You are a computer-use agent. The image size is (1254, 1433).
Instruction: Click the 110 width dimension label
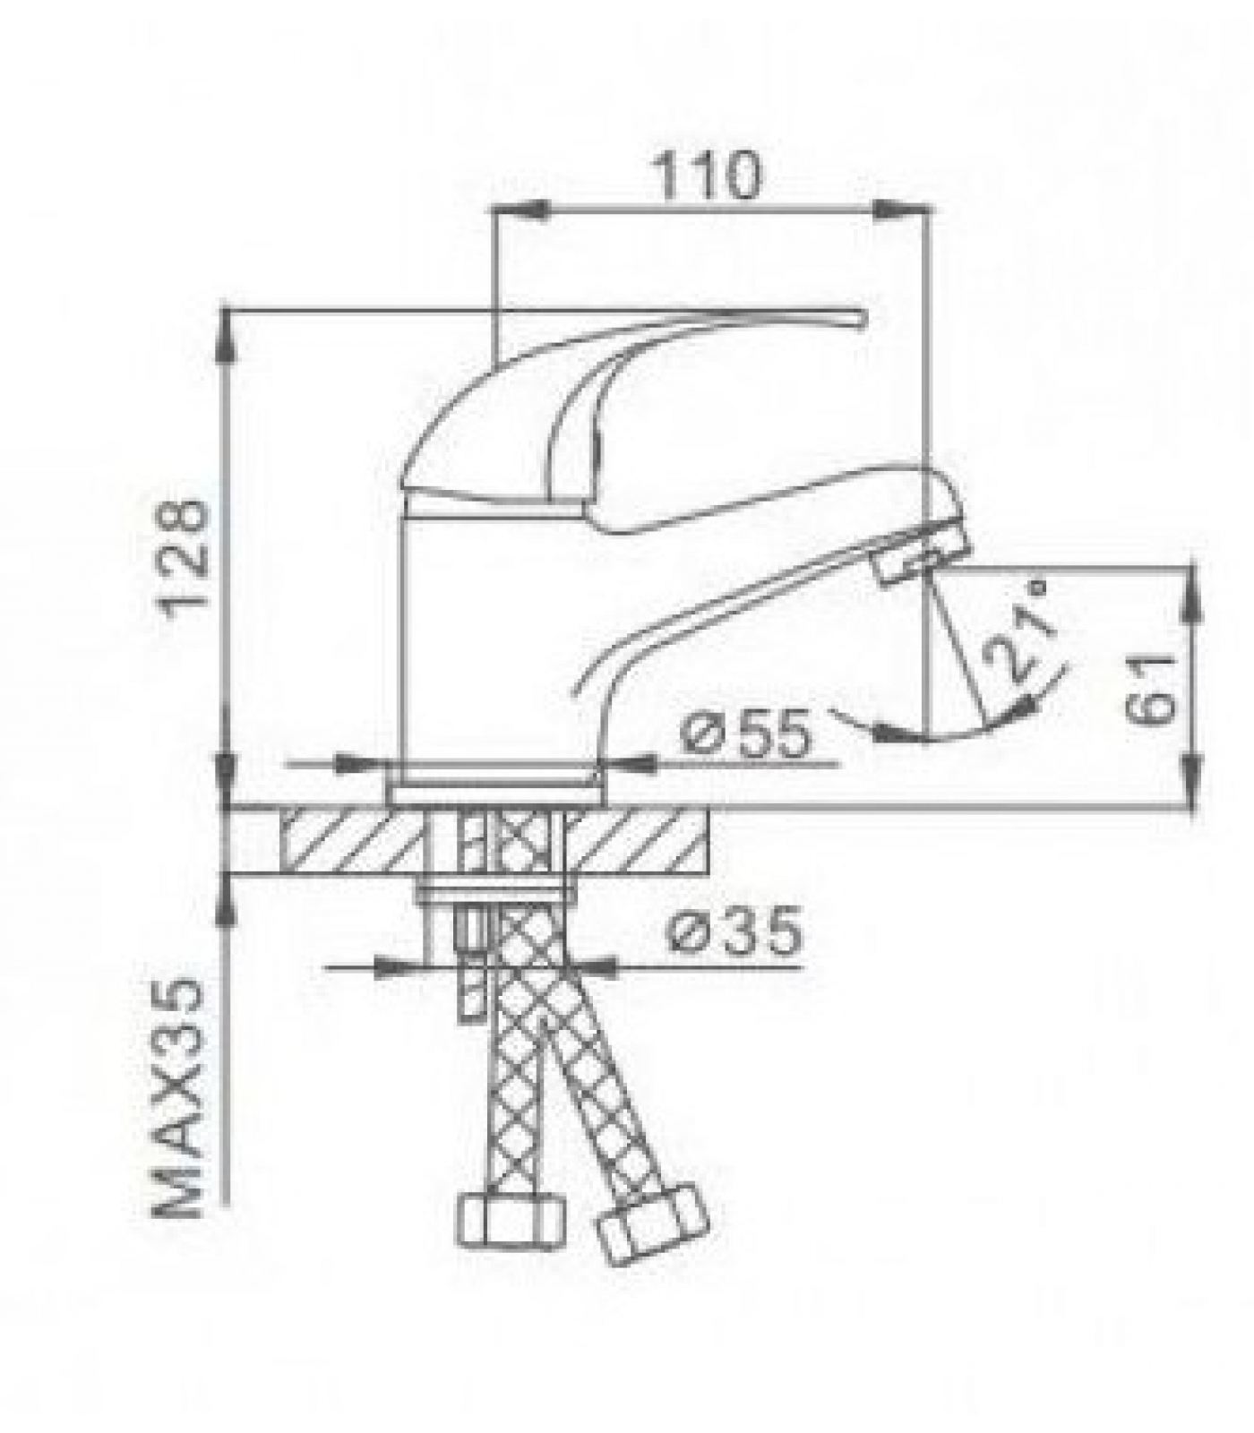(709, 176)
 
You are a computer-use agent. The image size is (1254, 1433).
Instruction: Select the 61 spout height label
(1148, 688)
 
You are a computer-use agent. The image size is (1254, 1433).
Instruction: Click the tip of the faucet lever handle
(865, 319)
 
